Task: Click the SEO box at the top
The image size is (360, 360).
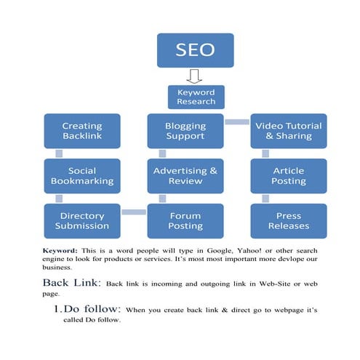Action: pyautogui.click(x=196, y=50)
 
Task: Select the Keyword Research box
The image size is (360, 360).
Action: pyautogui.click(x=196, y=97)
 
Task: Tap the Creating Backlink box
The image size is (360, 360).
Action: pyautogui.click(x=81, y=131)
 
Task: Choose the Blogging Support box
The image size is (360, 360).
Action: pyautogui.click(x=185, y=131)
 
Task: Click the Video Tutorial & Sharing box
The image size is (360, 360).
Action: pyautogui.click(x=289, y=131)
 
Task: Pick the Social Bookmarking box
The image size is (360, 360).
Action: pyautogui.click(x=81, y=176)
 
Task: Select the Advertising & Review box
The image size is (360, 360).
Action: pyautogui.click(x=185, y=176)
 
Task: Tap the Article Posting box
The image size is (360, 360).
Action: pyautogui.click(x=289, y=176)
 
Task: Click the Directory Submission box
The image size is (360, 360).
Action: pyautogui.click(x=81, y=220)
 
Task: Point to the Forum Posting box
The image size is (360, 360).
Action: pyautogui.click(x=185, y=220)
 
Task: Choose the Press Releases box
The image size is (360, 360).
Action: pyautogui.click(x=289, y=220)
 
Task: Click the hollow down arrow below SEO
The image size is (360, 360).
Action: pyautogui.click(x=194, y=76)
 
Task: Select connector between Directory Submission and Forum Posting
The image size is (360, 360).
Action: pyautogui.click(x=133, y=212)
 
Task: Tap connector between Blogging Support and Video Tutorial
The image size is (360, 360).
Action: pyautogui.click(x=236, y=121)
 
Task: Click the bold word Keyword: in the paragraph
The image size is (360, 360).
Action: pyautogui.click(x=60, y=249)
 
